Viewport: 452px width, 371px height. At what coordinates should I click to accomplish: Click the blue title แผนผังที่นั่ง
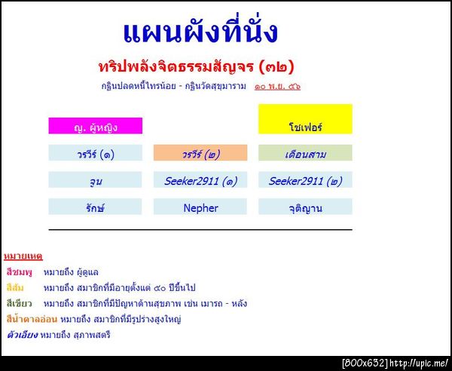pos(200,32)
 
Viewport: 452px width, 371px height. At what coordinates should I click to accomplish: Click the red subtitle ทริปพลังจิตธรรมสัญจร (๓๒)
pos(196,66)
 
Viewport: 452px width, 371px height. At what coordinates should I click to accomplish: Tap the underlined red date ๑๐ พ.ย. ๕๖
pos(277,86)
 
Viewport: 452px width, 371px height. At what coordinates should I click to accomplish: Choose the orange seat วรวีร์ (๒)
pos(200,153)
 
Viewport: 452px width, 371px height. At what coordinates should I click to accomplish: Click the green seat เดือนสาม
pos(305,153)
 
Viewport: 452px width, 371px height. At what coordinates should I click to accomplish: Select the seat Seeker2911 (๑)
pos(200,180)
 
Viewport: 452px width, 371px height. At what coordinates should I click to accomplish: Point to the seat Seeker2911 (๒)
pos(305,180)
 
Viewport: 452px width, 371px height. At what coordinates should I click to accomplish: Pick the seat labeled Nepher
pos(200,207)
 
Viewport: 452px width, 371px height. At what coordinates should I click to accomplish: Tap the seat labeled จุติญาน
pos(305,207)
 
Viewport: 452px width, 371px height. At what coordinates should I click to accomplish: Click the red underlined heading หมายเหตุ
pos(23,256)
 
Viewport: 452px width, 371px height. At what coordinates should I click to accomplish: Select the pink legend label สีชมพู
pos(20,271)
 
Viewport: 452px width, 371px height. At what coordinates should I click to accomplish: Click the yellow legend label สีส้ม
pos(17,287)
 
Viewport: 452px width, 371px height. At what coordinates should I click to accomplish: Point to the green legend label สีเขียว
pos(20,303)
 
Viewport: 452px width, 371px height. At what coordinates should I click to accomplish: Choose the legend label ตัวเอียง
pos(20,335)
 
